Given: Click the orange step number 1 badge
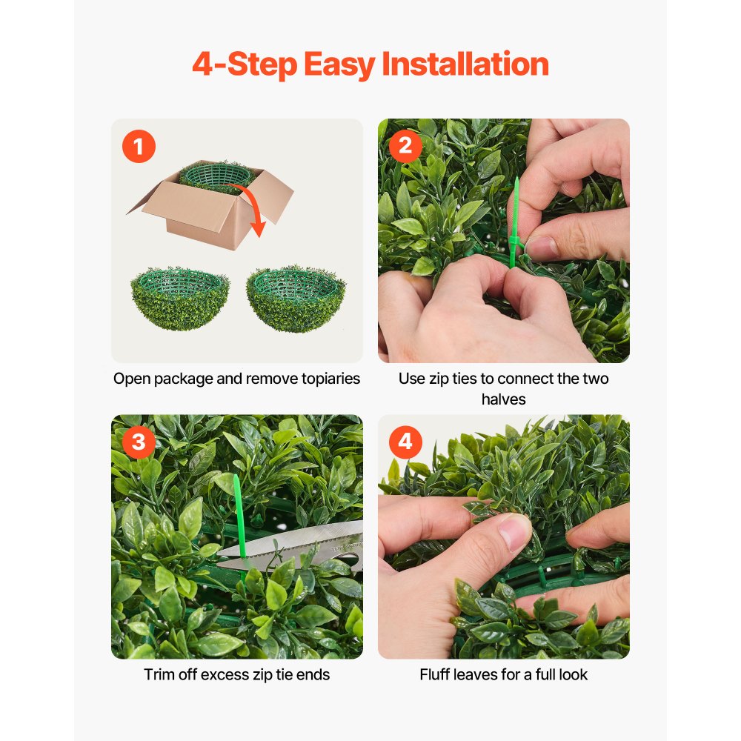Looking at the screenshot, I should point(138,146).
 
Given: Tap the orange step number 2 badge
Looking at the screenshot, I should point(405,146).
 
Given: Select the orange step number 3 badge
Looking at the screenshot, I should point(138,442).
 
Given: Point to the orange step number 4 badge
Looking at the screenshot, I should point(405,442).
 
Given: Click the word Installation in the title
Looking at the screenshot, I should point(465,65).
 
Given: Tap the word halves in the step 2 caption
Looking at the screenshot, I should point(503,399).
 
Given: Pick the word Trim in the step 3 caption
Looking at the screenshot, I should point(159,674).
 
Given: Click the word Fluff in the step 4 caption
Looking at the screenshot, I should point(436,674).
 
